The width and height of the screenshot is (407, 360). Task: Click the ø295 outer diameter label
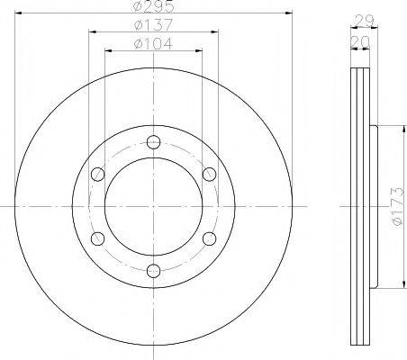click(x=153, y=6)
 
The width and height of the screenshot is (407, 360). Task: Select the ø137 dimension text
click(x=153, y=24)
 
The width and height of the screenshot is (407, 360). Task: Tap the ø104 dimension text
click(x=153, y=43)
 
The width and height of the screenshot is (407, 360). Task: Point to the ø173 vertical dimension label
click(x=397, y=206)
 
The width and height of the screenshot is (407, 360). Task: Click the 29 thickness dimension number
click(x=365, y=21)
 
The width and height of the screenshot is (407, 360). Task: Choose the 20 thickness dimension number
click(x=360, y=42)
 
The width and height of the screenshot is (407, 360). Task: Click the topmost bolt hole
click(x=153, y=142)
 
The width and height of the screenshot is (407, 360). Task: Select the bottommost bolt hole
click(x=153, y=271)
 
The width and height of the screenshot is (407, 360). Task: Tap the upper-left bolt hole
click(x=97, y=175)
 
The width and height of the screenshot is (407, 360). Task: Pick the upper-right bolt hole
click(x=209, y=175)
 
